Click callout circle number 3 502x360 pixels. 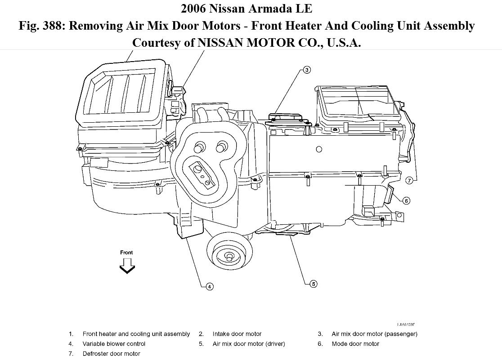pyautogui.click(x=306, y=70)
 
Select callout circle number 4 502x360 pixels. pyautogui.click(x=209, y=286)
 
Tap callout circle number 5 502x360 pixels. pyautogui.click(x=314, y=284)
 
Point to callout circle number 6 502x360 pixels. pyautogui.click(x=406, y=200)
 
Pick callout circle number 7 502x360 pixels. pyautogui.click(x=409, y=181)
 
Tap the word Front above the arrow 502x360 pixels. pyautogui.click(x=126, y=253)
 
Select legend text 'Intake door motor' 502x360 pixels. pyautogui.click(x=237, y=334)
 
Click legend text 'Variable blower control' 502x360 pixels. pyautogui.click(x=114, y=344)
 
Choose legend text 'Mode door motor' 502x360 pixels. pyautogui.click(x=355, y=344)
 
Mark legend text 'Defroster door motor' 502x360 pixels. pyautogui.click(x=111, y=354)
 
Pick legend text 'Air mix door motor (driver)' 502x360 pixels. pyautogui.click(x=249, y=344)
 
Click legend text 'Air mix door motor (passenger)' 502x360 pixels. pyautogui.click(x=374, y=334)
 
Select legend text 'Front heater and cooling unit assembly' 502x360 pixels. pyautogui.click(x=136, y=334)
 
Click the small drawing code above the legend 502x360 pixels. pyautogui.click(x=406, y=324)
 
